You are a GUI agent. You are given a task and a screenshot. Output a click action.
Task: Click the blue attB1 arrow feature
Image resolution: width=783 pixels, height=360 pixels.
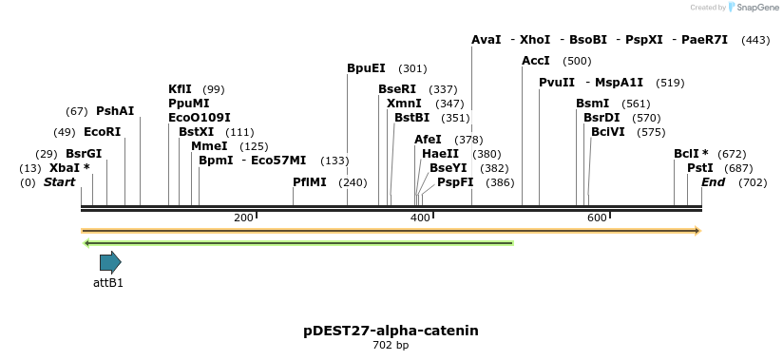pos(110,262)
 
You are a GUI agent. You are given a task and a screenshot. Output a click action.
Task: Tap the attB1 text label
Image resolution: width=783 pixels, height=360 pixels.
pos(108,282)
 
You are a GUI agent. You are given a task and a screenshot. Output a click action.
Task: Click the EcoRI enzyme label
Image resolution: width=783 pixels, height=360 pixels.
pos(103,132)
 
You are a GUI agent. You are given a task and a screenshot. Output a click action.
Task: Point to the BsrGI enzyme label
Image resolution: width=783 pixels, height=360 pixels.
pos(84,154)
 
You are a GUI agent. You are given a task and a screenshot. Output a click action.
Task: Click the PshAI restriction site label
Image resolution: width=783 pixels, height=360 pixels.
pos(115,111)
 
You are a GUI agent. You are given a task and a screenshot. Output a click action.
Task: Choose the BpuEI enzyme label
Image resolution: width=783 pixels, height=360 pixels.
pos(366,68)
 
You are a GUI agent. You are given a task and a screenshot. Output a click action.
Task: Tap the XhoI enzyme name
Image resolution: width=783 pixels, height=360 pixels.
pos(535,40)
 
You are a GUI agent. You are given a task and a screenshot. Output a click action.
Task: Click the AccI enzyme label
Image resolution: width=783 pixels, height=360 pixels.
pos(536,61)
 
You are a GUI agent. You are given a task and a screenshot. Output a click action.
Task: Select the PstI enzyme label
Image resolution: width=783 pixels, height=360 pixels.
pos(687,168)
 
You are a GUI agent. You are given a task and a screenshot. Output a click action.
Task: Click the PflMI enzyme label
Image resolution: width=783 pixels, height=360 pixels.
pos(310,182)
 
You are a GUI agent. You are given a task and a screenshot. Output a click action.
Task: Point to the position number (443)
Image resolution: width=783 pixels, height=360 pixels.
pos(755,40)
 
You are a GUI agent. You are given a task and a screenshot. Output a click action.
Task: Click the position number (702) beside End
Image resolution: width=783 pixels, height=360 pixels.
pos(752,182)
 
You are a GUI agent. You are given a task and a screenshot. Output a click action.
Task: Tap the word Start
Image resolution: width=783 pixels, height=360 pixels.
pos(59,182)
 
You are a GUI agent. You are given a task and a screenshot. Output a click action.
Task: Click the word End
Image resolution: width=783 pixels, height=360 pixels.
pos(713,182)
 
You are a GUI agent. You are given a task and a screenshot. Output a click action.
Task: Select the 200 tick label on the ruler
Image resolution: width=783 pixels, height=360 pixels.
pos(243,218)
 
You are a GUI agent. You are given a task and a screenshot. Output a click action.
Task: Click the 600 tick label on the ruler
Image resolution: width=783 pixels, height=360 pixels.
pos(597,218)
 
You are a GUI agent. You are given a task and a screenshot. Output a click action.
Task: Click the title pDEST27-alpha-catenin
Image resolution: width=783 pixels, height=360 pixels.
pos(391,331)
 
